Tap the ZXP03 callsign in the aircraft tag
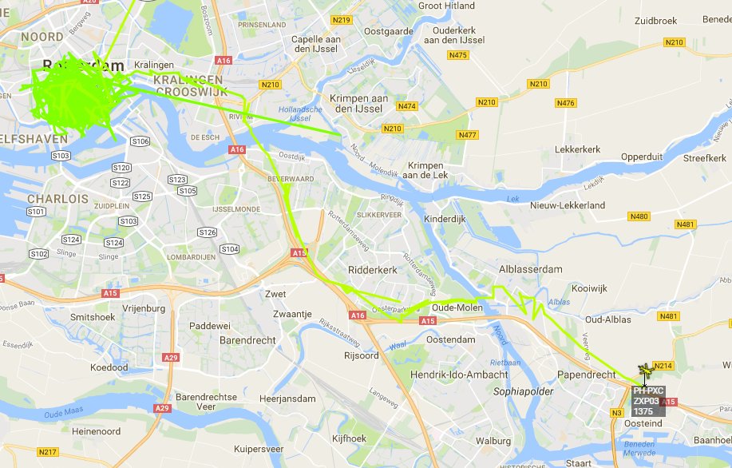point(646,401)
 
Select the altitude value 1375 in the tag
point(643,411)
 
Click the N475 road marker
point(458,55)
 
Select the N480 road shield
point(639,216)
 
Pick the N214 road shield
point(664,366)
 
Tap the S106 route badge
point(140,141)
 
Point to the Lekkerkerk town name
point(577,149)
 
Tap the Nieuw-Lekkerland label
point(568,205)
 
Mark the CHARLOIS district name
point(57,198)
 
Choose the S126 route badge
point(207,232)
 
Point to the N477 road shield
point(467,135)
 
